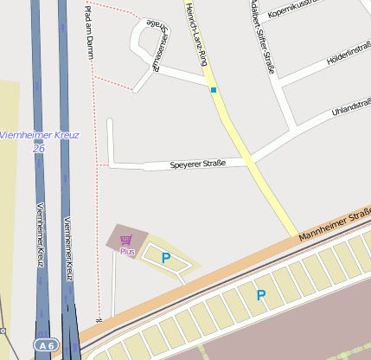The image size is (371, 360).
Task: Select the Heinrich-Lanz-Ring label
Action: coord(199,35)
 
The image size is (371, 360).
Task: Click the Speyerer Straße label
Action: coord(197,163)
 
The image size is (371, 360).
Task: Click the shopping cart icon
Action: coord(126,240)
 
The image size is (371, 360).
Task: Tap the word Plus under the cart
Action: coord(128,251)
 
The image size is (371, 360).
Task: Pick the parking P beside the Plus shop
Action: coord(165,257)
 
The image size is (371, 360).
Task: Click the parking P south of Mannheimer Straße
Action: coord(260,296)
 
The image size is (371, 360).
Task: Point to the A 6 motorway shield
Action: coord(47,344)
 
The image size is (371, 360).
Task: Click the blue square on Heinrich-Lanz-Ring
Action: coord(213,89)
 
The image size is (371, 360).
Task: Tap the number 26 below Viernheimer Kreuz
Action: coord(38,148)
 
